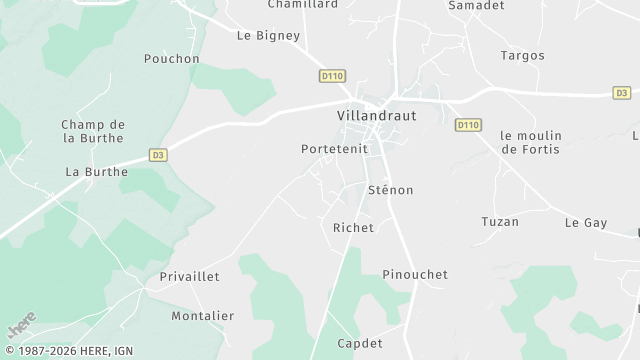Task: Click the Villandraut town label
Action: (x=375, y=116)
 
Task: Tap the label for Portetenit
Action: (x=334, y=149)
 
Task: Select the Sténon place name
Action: (x=390, y=190)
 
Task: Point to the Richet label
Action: (x=352, y=228)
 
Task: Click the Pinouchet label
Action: (x=415, y=274)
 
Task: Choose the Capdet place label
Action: (x=360, y=343)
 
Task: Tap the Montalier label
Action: (x=202, y=316)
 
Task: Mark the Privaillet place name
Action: (x=189, y=276)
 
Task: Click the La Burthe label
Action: (x=97, y=172)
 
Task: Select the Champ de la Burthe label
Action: (x=92, y=130)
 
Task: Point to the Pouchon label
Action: (x=172, y=59)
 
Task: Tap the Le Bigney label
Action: (x=268, y=36)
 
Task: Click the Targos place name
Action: (x=522, y=56)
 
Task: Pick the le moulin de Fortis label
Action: (x=531, y=142)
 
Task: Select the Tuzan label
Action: (x=500, y=222)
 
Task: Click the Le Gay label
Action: (x=586, y=222)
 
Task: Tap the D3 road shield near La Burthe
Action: (x=158, y=155)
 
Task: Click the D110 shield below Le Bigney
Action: (x=332, y=76)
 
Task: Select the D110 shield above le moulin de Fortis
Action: (x=467, y=125)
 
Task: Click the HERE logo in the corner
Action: (x=22, y=325)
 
